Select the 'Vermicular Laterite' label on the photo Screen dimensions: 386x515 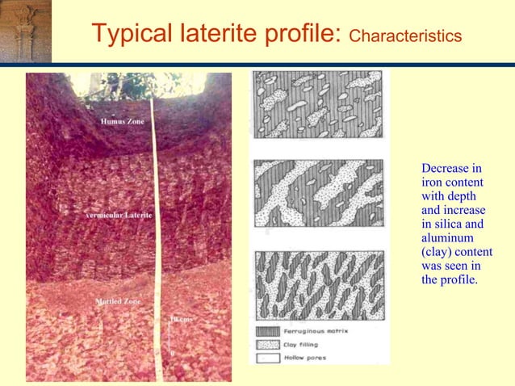coord(119,216)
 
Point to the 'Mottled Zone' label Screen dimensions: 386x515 coord(118,301)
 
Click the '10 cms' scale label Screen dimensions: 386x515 coord(180,320)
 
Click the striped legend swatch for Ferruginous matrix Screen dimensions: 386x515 coord(266,331)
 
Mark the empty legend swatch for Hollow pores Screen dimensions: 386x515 coord(266,357)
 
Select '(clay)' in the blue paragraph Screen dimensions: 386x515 coord(437,252)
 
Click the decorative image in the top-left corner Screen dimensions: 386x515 coord(25,31)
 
